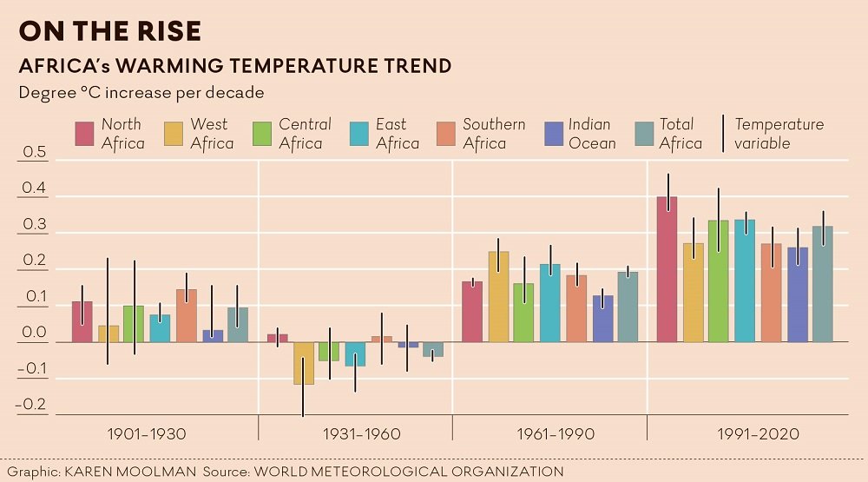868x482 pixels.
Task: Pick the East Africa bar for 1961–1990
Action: click(549, 303)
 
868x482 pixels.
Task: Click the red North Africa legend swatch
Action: click(83, 134)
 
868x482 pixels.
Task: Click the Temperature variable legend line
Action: click(722, 134)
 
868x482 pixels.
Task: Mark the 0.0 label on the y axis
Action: click(34, 333)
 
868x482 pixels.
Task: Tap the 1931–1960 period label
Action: click(361, 433)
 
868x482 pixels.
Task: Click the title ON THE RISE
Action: click(110, 31)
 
